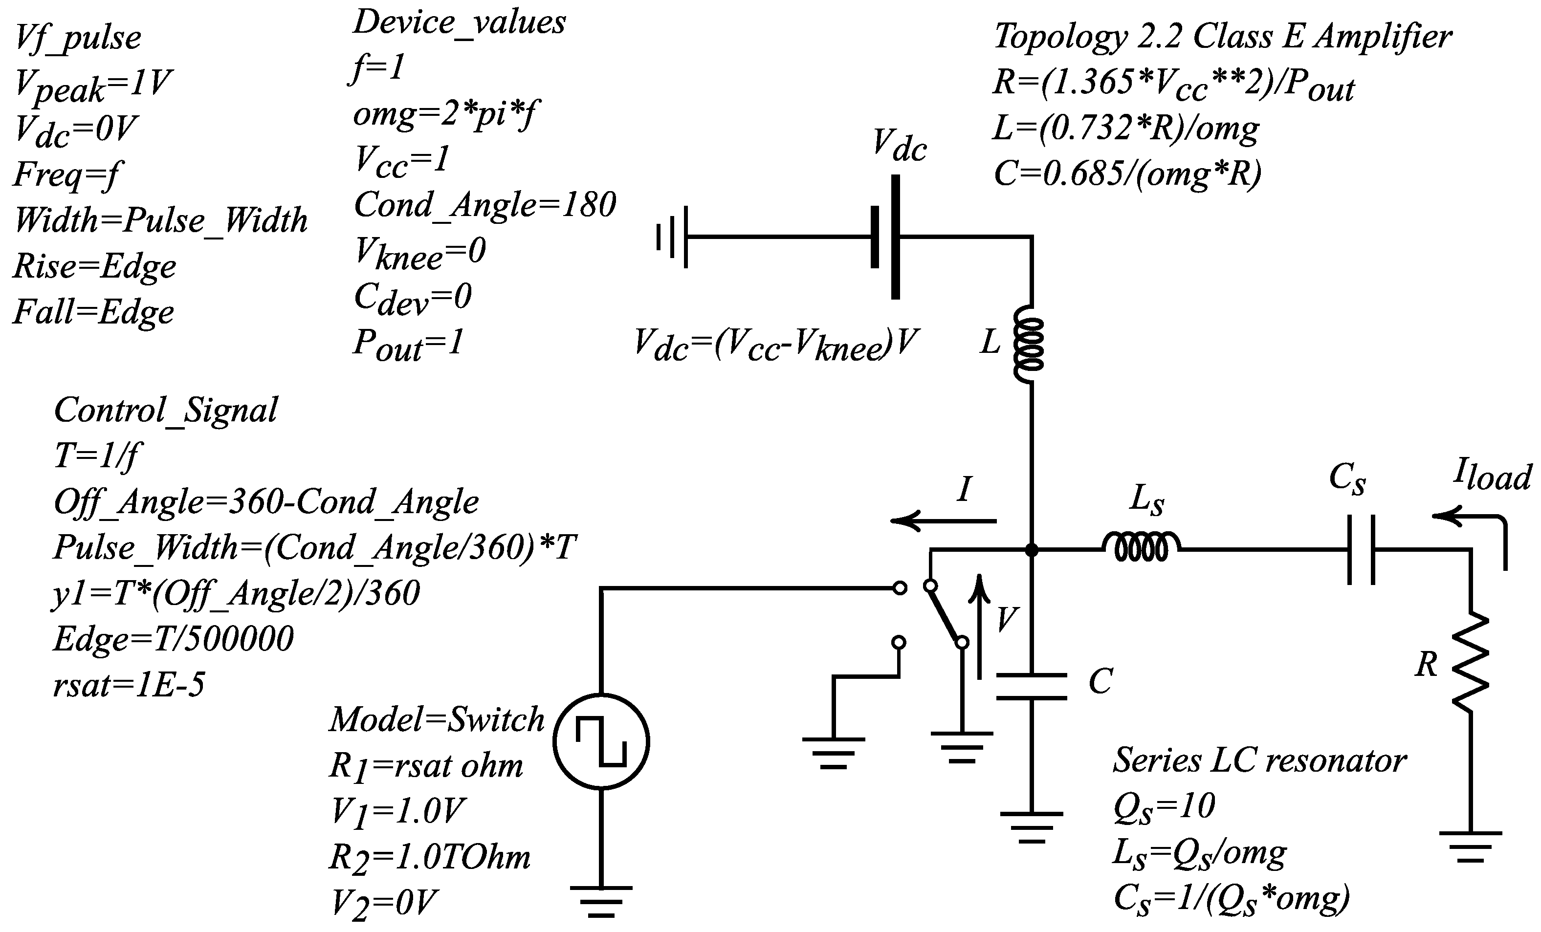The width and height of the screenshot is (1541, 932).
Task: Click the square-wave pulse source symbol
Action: pos(601,741)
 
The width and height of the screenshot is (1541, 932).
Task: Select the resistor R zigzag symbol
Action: pos(1470,663)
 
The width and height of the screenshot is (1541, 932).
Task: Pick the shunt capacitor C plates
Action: pos(1031,686)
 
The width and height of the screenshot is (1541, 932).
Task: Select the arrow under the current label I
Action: pos(943,520)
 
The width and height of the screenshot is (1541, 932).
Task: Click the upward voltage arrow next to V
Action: pos(979,626)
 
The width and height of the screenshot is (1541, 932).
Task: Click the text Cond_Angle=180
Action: pos(484,204)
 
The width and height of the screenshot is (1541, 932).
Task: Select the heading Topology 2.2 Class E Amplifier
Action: pos(1222,36)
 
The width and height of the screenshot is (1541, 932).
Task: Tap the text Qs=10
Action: pos(1163,806)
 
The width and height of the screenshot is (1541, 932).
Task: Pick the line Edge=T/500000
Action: pos(173,639)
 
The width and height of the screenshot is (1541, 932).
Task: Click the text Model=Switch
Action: pos(437,719)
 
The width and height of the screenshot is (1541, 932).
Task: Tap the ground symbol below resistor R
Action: pos(1470,847)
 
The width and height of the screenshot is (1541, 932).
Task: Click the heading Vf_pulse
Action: pos(78,38)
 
